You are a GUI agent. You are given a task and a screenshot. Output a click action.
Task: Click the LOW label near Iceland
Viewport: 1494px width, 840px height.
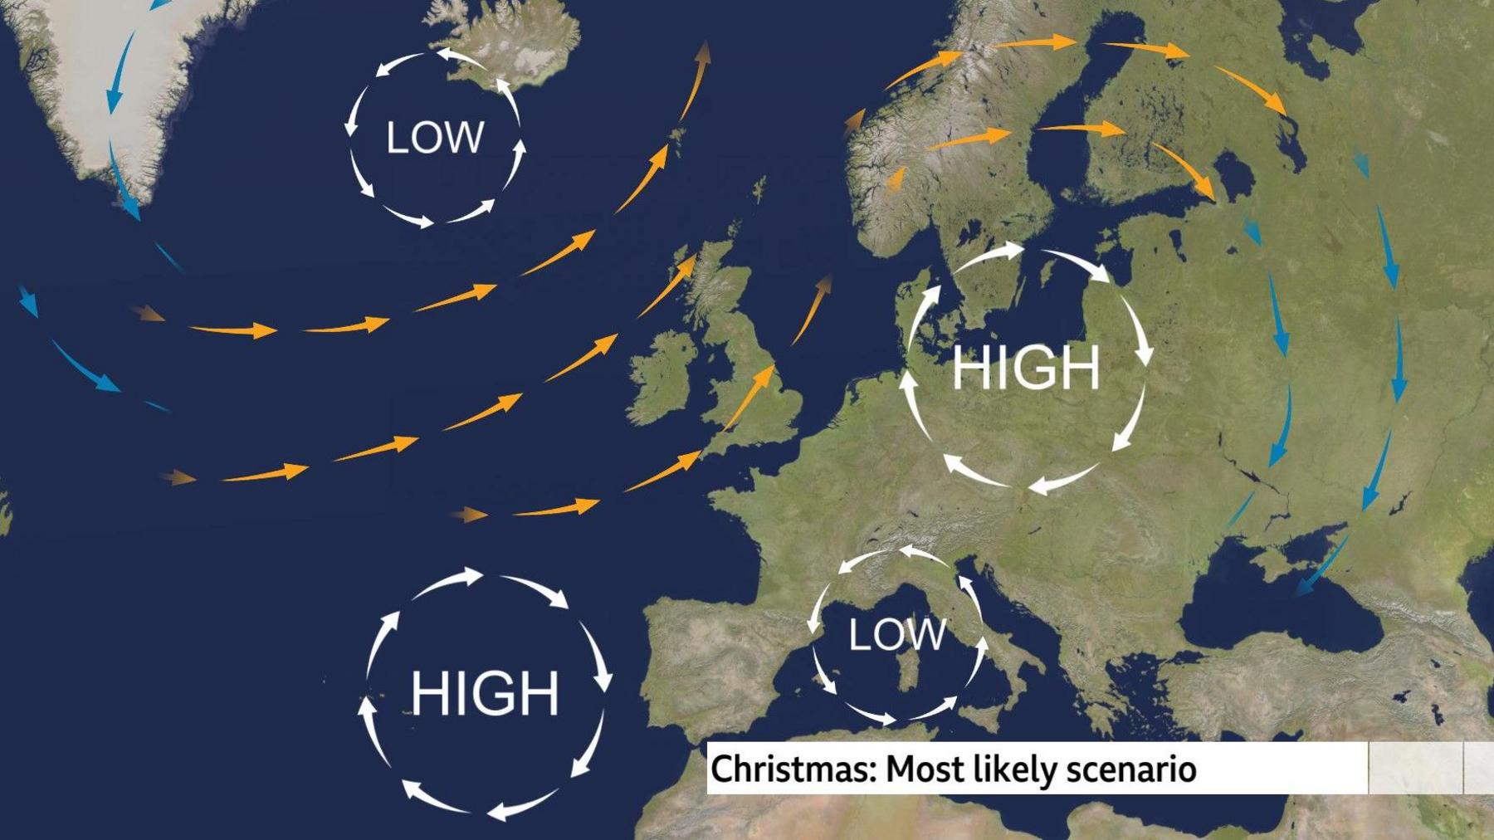tap(435, 138)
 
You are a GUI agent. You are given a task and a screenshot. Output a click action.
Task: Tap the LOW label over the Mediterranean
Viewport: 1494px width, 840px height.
tap(896, 636)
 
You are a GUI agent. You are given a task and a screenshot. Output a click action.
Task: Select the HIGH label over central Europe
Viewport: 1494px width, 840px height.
tap(1026, 368)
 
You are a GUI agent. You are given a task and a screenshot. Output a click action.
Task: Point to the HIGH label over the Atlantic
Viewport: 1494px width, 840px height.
tap(485, 693)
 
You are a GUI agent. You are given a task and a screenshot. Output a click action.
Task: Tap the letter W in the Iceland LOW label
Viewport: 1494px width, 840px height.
tap(465, 138)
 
